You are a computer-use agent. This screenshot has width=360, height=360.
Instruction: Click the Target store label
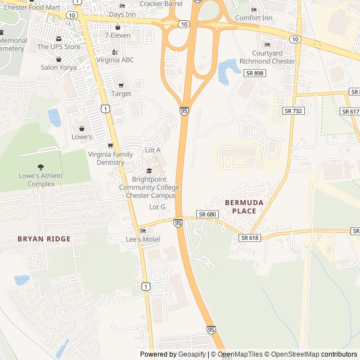point(121,93)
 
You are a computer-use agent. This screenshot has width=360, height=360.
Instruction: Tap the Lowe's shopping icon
point(82,128)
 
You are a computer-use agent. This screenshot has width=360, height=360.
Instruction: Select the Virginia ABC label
point(115,60)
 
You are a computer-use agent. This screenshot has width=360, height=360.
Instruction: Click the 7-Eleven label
point(118,35)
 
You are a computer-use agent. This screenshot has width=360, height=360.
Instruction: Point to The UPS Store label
point(59,47)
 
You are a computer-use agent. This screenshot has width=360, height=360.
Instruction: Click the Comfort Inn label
point(254,18)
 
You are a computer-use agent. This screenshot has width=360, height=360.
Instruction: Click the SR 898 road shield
point(255,73)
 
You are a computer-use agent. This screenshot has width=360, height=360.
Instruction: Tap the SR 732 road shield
point(293,111)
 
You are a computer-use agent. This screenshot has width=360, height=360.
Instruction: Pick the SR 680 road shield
point(207,214)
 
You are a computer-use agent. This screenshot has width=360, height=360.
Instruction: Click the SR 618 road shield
point(249,238)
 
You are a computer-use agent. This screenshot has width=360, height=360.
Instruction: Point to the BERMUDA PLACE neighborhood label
point(240,206)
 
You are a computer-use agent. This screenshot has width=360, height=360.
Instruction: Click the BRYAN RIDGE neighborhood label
point(44,239)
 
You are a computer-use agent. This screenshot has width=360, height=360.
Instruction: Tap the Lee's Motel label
point(142,240)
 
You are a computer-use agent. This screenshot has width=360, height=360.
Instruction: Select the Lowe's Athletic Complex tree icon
point(40,166)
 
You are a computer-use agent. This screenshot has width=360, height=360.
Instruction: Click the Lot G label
point(157,207)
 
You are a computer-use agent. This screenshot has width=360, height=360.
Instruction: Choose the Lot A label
point(153,150)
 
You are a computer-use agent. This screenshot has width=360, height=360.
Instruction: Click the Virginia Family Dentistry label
point(110,158)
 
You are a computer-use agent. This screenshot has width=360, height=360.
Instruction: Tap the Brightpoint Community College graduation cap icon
point(149,171)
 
